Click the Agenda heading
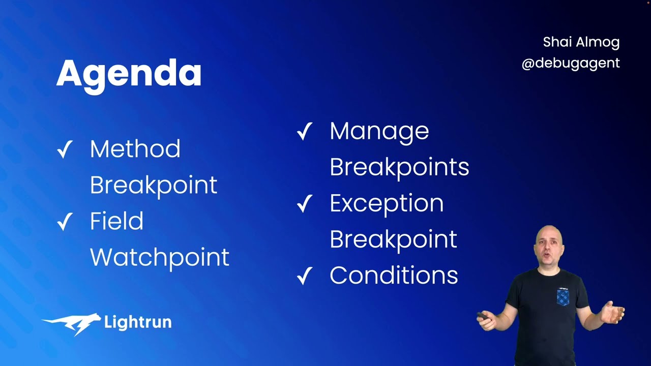pyautogui.click(x=129, y=74)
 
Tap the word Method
pyautogui.click(x=135, y=149)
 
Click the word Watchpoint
pyautogui.click(x=159, y=257)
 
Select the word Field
pyautogui.click(x=116, y=221)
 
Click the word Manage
pyautogui.click(x=379, y=131)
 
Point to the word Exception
pyautogui.click(x=386, y=203)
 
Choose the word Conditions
pyautogui.click(x=393, y=276)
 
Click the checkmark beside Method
pyautogui.click(x=65, y=150)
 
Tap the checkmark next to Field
pyautogui.click(x=65, y=222)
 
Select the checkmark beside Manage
pyautogui.click(x=304, y=132)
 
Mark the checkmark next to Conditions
pyautogui.click(x=304, y=277)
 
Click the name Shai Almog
pyautogui.click(x=581, y=42)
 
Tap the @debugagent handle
pyautogui.click(x=570, y=63)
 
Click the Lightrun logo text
pyautogui.click(x=137, y=322)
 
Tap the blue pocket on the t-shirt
pyautogui.click(x=563, y=297)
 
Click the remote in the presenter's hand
pyautogui.click(x=483, y=316)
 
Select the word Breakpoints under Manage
pyautogui.click(x=399, y=167)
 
